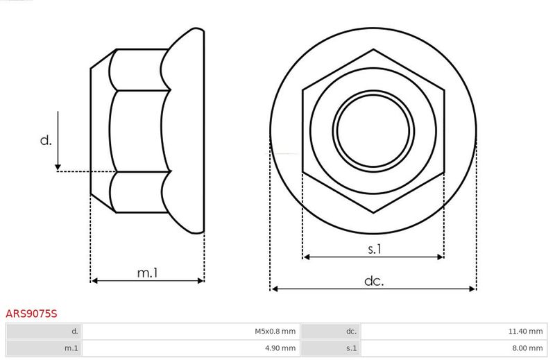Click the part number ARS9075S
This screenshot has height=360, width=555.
pos(31,314)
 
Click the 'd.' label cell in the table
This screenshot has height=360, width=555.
pos(44,332)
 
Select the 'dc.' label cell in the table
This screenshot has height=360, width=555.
pos(330,332)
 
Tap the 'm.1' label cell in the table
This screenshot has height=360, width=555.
pos(44,348)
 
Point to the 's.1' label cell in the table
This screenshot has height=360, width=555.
pos(330,348)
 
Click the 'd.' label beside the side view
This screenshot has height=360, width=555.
pos(46,140)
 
